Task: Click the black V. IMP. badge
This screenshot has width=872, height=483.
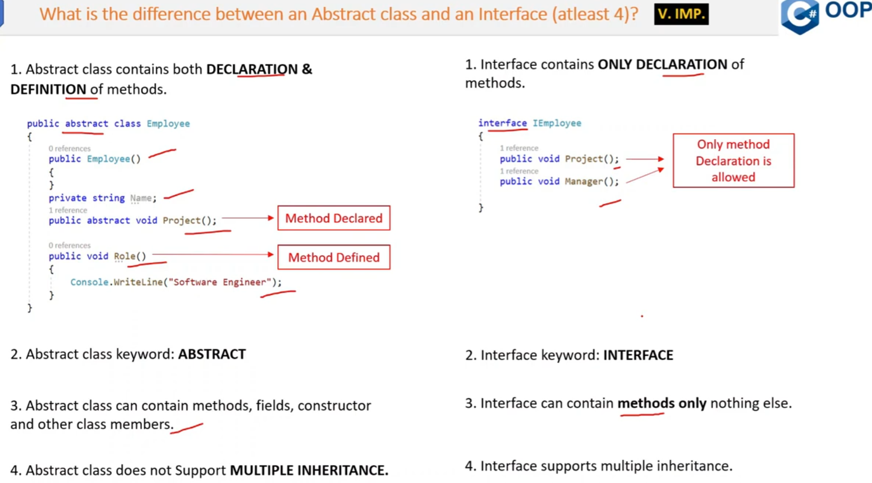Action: pyautogui.click(x=681, y=14)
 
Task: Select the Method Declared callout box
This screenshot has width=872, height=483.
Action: pyautogui.click(x=334, y=218)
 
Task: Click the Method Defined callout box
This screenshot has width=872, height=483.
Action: pyautogui.click(x=334, y=257)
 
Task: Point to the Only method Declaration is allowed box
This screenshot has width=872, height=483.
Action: pyautogui.click(x=733, y=161)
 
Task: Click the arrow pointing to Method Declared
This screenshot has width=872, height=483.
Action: pyautogui.click(x=247, y=218)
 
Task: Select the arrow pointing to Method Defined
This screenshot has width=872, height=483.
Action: pyautogui.click(x=213, y=255)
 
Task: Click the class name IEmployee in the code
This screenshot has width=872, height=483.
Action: pyautogui.click(x=557, y=123)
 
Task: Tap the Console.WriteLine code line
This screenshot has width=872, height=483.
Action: pyautogui.click(x=176, y=282)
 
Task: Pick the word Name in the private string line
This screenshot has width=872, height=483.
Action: pyautogui.click(x=141, y=198)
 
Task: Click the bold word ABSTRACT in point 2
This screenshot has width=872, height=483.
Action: pyautogui.click(x=212, y=355)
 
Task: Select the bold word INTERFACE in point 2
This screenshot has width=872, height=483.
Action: pyautogui.click(x=638, y=356)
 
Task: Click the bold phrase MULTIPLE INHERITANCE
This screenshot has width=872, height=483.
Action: pyautogui.click(x=309, y=471)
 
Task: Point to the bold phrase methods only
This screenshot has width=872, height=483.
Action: pyautogui.click(x=662, y=403)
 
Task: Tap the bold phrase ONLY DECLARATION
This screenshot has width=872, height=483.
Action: pyautogui.click(x=662, y=65)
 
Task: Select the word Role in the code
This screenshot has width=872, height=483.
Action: pyautogui.click(x=125, y=256)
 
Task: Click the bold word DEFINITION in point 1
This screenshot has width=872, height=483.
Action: pyautogui.click(x=48, y=90)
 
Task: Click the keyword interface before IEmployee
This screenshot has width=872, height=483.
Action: pyautogui.click(x=502, y=123)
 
